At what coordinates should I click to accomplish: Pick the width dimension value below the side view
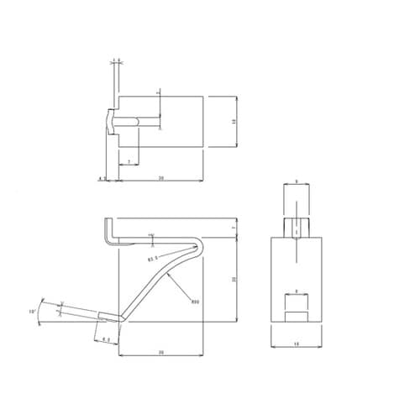(160, 353)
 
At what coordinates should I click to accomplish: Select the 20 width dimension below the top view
(160, 177)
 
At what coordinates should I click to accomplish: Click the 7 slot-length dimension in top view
(129, 160)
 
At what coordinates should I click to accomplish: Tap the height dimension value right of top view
(234, 123)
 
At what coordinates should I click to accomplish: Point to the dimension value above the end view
(297, 181)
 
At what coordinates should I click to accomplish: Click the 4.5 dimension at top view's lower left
(100, 178)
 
